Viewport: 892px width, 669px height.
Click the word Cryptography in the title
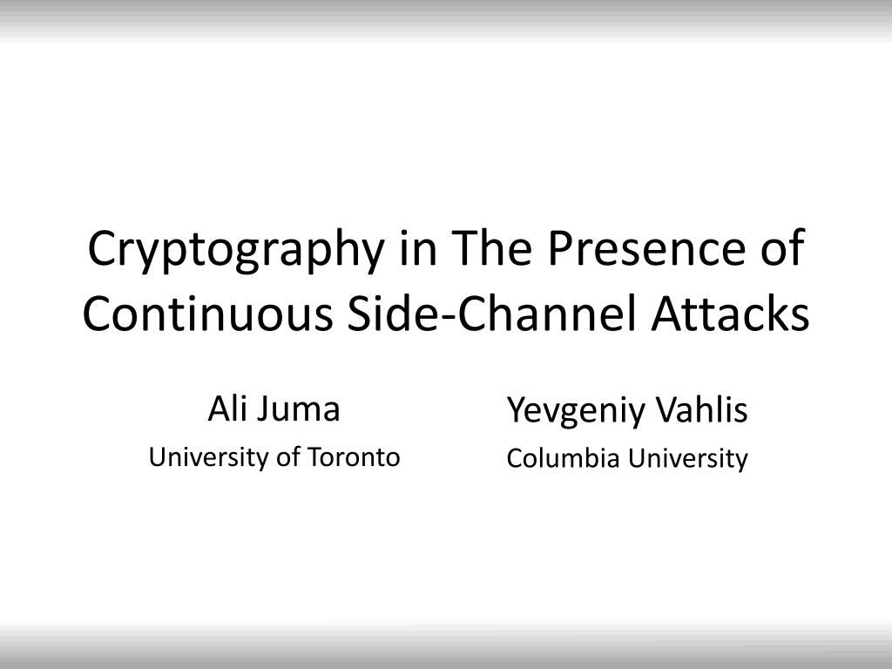coord(235,250)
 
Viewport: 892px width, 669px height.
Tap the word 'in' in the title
coord(418,248)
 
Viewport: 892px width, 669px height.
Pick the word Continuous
coord(207,314)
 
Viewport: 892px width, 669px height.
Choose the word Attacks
coord(730,314)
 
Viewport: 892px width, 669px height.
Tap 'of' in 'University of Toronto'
coord(288,456)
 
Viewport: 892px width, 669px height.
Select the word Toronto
coord(354,457)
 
